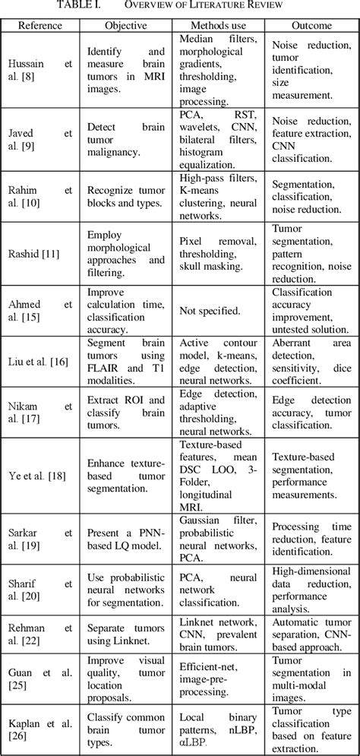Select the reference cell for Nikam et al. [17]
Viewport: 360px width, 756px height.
40,412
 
